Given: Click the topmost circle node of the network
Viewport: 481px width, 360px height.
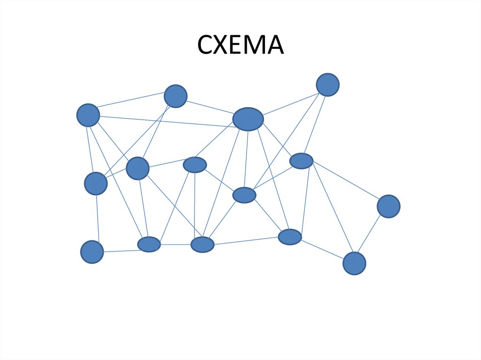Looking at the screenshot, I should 327,85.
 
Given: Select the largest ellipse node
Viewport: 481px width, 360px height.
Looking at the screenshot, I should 248,119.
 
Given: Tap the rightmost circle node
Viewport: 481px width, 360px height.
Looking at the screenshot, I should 388,207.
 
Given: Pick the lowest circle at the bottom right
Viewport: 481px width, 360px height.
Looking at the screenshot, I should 354,263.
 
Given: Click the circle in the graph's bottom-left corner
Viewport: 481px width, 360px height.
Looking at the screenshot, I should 92,252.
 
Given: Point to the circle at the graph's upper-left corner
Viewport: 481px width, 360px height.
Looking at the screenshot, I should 88,115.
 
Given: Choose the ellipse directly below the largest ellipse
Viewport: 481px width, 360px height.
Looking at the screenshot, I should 244,195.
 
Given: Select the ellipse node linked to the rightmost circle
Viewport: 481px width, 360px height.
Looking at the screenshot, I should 302,161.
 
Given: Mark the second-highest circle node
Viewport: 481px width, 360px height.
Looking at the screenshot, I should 176,96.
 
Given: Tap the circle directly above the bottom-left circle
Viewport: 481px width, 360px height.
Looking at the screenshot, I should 96,184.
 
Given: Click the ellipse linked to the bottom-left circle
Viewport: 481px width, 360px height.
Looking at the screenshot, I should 149,245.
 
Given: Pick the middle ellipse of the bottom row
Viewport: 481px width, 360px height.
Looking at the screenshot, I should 202,245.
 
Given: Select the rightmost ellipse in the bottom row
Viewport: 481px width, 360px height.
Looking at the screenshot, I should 290,237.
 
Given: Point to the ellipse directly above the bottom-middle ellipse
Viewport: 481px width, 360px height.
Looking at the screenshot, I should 195,165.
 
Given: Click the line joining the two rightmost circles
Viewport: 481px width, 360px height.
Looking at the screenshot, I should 371,235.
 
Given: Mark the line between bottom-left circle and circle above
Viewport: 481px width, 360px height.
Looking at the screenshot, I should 97,218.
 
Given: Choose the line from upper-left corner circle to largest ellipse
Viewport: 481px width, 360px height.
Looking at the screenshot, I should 164,122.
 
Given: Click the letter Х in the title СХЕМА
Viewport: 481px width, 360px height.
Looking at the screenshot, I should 223,46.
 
